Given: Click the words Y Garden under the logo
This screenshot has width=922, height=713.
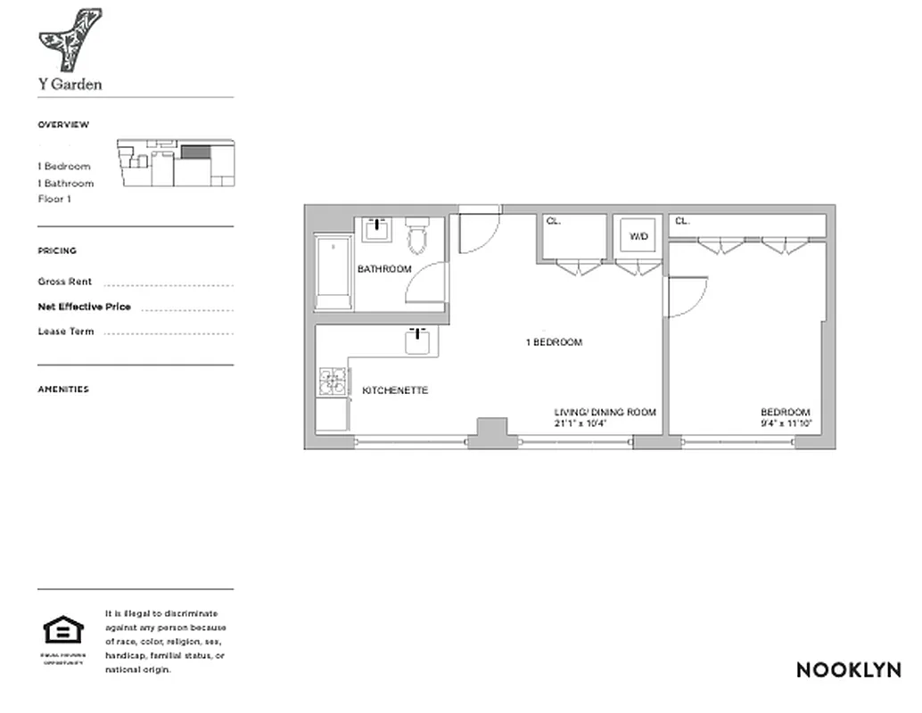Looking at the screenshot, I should (x=70, y=85).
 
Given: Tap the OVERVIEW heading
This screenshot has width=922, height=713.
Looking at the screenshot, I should (x=63, y=125).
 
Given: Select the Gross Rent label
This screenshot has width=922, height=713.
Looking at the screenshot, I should (x=65, y=282).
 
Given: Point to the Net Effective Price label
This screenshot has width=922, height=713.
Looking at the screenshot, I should (x=84, y=307).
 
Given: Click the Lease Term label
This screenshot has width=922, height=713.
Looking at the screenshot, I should (x=66, y=332).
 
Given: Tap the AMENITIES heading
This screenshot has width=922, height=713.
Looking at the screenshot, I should (x=63, y=389).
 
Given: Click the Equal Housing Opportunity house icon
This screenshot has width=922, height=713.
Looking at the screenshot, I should (x=63, y=632).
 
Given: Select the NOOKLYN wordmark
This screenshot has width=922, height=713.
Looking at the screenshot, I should (x=848, y=670).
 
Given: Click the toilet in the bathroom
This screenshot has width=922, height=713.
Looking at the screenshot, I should (x=417, y=235).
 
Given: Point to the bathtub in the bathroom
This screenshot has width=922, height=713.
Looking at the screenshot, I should (x=333, y=272).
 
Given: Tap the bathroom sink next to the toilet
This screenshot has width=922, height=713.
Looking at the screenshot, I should (x=379, y=229).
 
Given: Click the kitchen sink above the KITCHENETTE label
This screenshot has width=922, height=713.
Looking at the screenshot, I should (x=420, y=340).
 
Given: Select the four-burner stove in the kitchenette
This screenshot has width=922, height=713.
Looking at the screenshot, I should (x=333, y=381).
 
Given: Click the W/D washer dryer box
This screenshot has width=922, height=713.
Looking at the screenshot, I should (x=638, y=237).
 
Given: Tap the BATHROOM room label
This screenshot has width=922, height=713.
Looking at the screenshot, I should (x=384, y=269).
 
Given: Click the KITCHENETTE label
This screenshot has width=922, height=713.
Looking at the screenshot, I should (x=395, y=390).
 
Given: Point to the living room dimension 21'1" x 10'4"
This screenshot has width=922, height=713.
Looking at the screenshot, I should (x=580, y=423).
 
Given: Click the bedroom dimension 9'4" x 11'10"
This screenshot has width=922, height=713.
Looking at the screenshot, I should (x=786, y=423).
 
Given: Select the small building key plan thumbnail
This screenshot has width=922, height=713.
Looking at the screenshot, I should (x=176, y=162).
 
